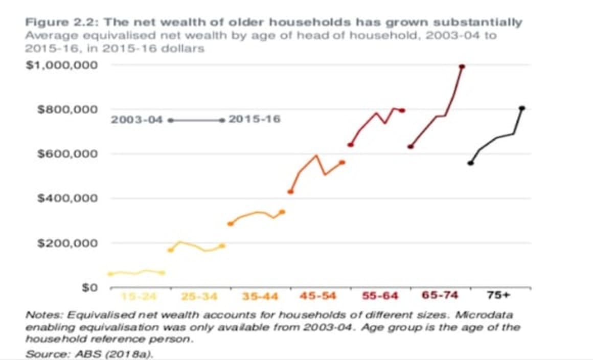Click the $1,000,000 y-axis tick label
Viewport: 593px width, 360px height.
pos(62,65)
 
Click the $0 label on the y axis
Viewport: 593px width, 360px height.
pos(90,287)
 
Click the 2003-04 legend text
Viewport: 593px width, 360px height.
pos(136,120)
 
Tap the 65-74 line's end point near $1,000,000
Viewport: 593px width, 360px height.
pos(462,66)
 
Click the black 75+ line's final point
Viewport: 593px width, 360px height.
pos(522,108)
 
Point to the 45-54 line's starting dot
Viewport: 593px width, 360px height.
pos(290,192)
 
